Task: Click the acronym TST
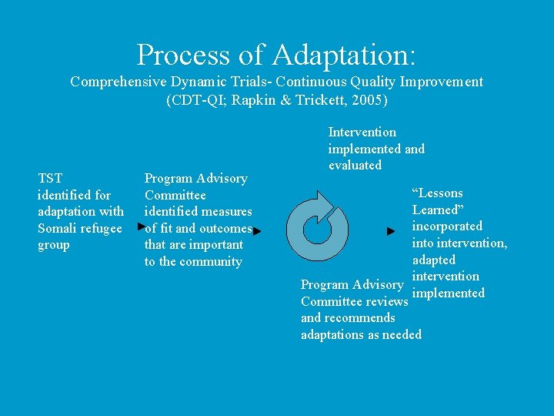[x=50, y=178]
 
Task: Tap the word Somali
[x=58, y=228]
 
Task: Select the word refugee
[x=102, y=228]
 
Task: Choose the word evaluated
[x=355, y=165]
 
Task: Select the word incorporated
[x=447, y=226]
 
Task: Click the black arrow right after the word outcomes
[x=257, y=230]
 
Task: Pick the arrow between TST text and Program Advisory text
[x=140, y=227]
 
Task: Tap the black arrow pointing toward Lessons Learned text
[x=391, y=230]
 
